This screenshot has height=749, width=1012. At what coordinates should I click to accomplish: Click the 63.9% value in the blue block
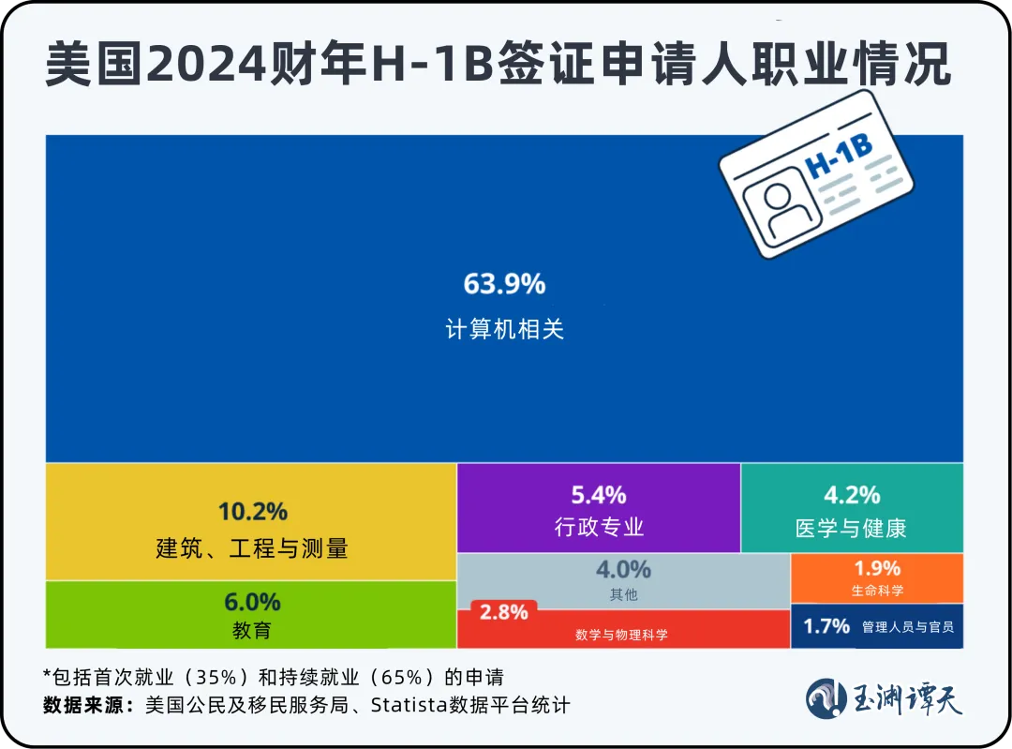[x=504, y=283]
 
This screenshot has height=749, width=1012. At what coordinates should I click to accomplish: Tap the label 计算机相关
[x=504, y=330]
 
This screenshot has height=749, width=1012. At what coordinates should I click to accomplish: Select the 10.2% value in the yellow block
[x=252, y=512]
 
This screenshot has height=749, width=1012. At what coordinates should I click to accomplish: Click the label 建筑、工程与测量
[x=252, y=548]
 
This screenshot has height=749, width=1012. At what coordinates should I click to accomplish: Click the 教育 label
[x=252, y=631]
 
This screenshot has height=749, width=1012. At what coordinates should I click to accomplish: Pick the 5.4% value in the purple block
[x=599, y=495]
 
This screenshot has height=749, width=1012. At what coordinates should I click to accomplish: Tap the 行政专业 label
[x=599, y=527]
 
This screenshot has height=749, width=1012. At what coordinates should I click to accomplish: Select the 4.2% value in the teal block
[x=851, y=495]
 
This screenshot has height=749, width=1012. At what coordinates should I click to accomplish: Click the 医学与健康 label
[x=851, y=528]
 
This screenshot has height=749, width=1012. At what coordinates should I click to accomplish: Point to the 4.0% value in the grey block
[x=623, y=570]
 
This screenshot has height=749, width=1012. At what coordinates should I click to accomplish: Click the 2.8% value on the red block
[x=504, y=613]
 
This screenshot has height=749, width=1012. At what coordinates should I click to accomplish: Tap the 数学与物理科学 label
[x=622, y=635]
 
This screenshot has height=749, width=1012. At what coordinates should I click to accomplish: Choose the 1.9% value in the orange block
[x=877, y=569]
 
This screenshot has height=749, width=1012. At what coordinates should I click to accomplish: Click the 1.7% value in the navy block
[x=826, y=626]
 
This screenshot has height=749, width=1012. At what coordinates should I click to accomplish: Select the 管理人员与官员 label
[x=907, y=627]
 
